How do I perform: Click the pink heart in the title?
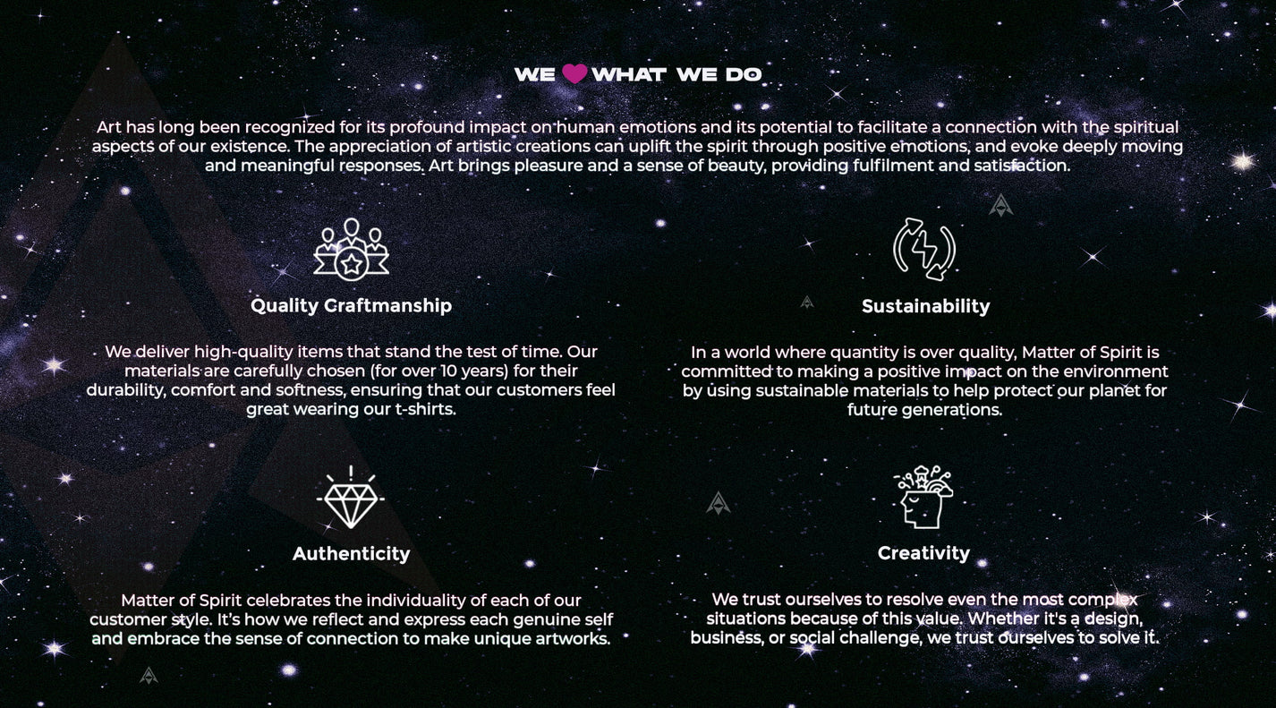click(574, 73)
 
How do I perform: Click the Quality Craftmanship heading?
click(351, 306)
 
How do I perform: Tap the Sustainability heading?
click(925, 306)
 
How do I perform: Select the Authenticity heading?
click(351, 554)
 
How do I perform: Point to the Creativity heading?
click(923, 553)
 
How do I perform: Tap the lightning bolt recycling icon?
click(924, 250)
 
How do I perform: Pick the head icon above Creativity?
click(923, 497)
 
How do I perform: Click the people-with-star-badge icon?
click(351, 250)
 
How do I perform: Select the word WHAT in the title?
click(629, 74)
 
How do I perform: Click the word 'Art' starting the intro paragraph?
click(108, 127)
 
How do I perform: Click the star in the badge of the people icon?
click(352, 264)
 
